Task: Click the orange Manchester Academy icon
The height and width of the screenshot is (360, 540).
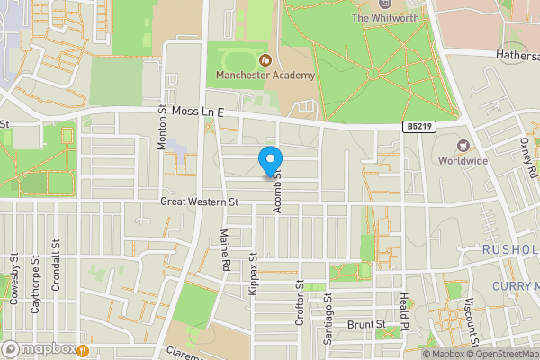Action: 265,60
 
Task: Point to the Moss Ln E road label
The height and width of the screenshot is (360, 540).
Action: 197,112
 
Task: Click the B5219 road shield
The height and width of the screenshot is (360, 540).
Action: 416,128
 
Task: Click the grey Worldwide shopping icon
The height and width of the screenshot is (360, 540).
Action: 463,146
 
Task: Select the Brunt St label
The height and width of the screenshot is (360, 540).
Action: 367,324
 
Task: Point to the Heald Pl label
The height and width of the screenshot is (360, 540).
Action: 405,313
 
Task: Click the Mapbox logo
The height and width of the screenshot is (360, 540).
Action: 43,349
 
